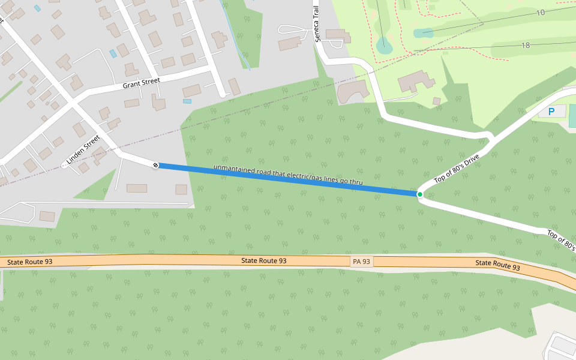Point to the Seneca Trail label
coord(317,24)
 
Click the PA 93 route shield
coord(361,262)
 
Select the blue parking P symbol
coord(551,111)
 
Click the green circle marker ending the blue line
coord(419,194)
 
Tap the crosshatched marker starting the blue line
coord(155,164)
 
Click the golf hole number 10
coord(541,13)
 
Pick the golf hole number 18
coord(526,46)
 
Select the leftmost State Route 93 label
coord(29,262)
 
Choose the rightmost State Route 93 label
coord(497,264)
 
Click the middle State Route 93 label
coord(263,261)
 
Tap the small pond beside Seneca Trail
coord(382,44)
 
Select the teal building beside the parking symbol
coord(572,116)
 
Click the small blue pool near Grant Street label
coord(113,53)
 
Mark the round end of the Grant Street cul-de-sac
coord(223,94)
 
